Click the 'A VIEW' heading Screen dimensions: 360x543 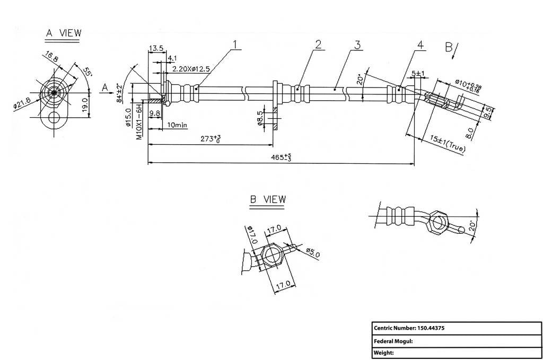coord(64,33)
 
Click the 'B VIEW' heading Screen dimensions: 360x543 coord(268,199)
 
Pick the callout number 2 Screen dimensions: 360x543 coord(318,44)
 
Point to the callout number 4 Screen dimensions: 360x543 coord(421,45)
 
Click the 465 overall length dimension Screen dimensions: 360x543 coord(281,157)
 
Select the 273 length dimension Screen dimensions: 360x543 coord(210,139)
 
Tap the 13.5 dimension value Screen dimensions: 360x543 coord(156,48)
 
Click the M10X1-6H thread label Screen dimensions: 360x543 coord(139,122)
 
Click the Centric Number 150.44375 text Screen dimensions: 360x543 coord(409,328)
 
